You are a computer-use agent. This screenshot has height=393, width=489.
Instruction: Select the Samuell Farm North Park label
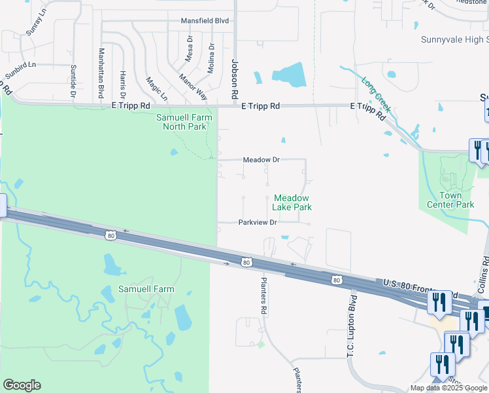[185, 122]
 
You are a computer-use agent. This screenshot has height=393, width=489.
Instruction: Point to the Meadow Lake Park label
[292, 202]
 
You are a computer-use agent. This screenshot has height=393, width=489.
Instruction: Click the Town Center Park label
[450, 200]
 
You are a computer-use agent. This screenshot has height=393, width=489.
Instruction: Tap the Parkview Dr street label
[258, 223]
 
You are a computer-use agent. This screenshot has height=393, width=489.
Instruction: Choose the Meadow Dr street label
[261, 160]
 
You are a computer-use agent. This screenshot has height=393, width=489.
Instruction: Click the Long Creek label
[377, 95]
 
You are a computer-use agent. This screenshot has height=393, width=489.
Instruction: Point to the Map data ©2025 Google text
[448, 388]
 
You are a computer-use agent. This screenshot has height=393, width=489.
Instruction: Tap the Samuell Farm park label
[146, 289]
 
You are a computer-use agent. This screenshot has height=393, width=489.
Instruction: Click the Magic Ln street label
[156, 88]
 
